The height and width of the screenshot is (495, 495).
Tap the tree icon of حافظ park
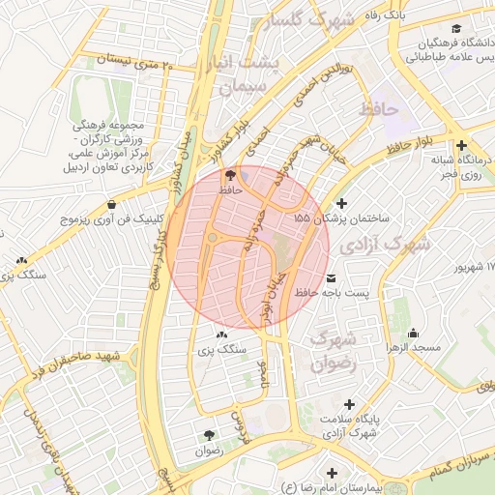229,175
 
